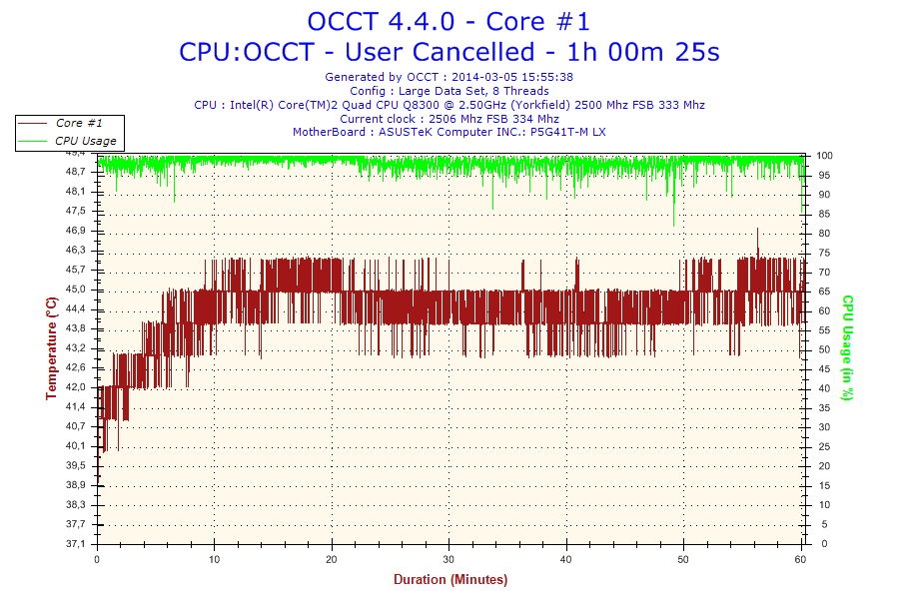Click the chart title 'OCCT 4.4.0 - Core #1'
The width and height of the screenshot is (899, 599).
pos(449,21)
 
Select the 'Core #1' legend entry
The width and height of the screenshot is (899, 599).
pos(76,123)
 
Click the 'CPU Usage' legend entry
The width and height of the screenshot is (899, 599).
pos(85,141)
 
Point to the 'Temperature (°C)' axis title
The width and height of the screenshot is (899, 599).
pos(51,348)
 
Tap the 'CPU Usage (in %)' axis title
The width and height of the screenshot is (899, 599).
pos(847,347)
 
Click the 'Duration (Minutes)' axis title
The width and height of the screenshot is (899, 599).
pos(449,580)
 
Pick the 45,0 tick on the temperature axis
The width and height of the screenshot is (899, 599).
pos(76,290)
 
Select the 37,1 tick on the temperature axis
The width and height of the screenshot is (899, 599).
pos(76,544)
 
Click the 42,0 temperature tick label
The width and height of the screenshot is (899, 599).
pos(76,387)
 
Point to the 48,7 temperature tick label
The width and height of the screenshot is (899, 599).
pos(76,172)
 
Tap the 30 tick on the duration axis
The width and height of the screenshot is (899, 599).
pos(449,559)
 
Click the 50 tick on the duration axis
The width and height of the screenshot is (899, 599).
pos(684,559)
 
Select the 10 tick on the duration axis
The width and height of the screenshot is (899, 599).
pos(214,559)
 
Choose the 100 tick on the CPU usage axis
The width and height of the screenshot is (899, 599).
pos(825,156)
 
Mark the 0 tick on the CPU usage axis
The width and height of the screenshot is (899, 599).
pos(820,544)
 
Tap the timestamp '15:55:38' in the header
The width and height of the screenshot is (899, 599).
pos(547,77)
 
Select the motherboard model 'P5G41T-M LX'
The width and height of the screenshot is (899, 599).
pos(567,132)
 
